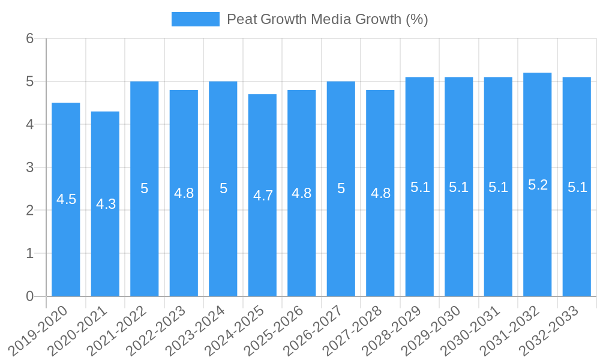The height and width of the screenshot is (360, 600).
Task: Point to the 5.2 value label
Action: tap(538, 185)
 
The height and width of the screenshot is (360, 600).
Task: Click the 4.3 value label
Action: tap(106, 204)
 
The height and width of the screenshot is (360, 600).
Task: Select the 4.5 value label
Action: tap(66, 199)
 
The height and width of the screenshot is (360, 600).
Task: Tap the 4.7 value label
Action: tap(263, 196)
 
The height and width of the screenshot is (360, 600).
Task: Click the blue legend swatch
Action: tap(195, 19)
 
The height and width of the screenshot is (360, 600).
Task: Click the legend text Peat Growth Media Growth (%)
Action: tap(327, 19)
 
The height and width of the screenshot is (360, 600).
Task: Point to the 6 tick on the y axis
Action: tap(30, 38)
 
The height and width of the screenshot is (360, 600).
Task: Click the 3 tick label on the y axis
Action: tap(30, 167)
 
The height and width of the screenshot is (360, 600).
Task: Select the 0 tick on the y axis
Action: tap(30, 296)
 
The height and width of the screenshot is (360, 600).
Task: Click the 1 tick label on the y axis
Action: tap(30, 253)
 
